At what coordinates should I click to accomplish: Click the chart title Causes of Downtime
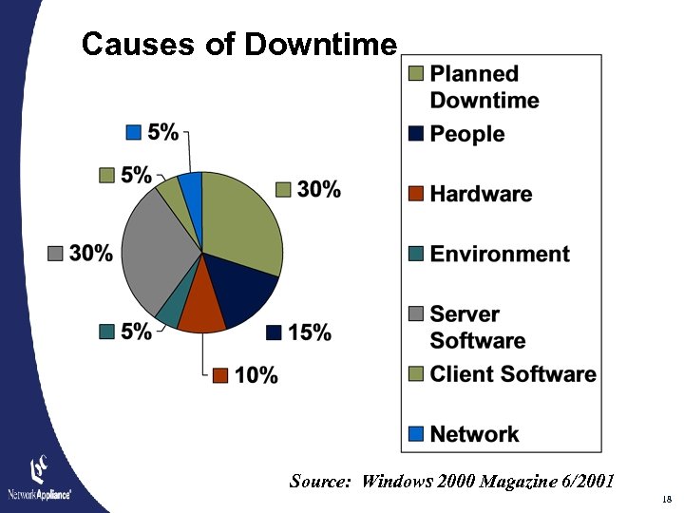point(238,44)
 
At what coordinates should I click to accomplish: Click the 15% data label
point(310,332)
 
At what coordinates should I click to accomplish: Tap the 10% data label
point(256,375)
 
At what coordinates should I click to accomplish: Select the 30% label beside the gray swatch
point(91,253)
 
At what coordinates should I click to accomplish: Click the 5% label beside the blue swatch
point(162,132)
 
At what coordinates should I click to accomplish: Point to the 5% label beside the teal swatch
point(137,332)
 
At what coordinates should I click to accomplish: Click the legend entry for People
point(466,134)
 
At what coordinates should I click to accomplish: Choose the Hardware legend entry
point(481,194)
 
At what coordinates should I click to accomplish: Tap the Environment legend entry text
point(499,254)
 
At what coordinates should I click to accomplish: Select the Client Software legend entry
point(513,373)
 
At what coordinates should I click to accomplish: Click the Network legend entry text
point(474,434)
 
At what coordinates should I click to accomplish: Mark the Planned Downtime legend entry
point(484,85)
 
